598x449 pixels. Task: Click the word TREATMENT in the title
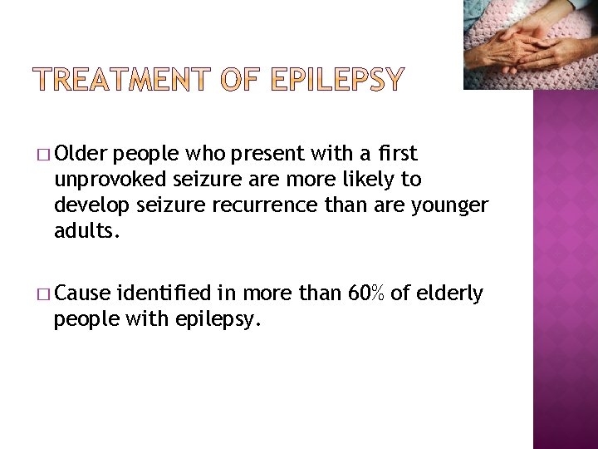click(123, 80)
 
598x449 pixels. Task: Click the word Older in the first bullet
click(86, 153)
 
